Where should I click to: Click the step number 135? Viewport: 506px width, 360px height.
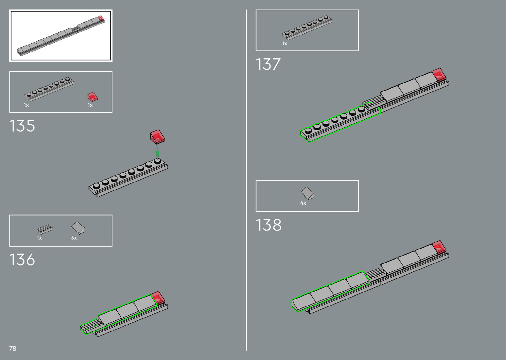[x=22, y=126]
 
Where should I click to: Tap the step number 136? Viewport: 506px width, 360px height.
[x=22, y=260]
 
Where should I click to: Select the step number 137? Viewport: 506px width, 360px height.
[x=268, y=64]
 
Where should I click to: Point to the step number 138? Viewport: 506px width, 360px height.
[x=269, y=225]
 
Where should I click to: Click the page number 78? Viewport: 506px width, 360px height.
[x=13, y=348]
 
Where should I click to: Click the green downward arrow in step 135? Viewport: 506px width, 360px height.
[x=158, y=151]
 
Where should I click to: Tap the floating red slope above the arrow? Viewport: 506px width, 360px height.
[x=157, y=136]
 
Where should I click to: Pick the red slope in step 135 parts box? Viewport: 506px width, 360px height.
[x=93, y=97]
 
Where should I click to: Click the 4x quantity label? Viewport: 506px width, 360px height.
[x=303, y=203]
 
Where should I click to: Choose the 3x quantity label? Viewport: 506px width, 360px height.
[x=74, y=238]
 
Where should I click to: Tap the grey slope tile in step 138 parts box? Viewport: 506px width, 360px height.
[x=307, y=193]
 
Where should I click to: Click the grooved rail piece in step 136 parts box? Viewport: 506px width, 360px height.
[x=45, y=229]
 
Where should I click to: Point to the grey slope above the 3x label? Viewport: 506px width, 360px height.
[x=78, y=227]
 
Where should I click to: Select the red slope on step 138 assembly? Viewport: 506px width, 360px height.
[x=439, y=247]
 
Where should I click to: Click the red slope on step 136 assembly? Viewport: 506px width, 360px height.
[x=157, y=298]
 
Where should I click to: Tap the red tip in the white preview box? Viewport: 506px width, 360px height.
[x=100, y=18]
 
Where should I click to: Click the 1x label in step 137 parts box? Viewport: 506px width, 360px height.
[x=285, y=44]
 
